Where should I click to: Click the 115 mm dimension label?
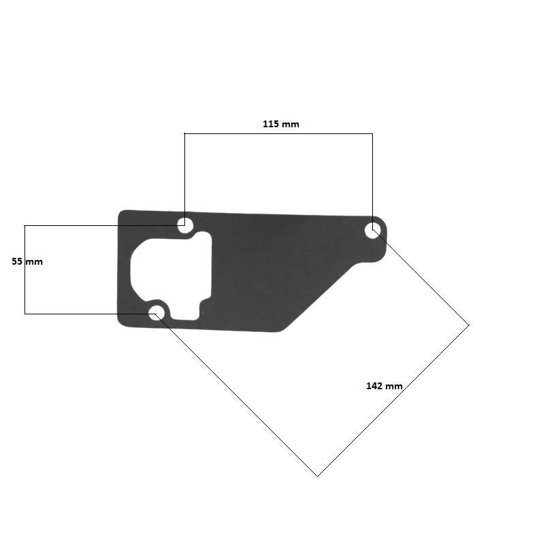tap(281, 124)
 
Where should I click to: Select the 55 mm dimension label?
tap(27, 261)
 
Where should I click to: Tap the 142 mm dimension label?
tap(384, 386)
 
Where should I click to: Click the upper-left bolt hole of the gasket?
tap(184, 225)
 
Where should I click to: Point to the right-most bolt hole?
tap(373, 230)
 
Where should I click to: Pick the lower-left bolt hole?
tap(156, 313)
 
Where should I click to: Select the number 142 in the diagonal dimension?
tap(374, 386)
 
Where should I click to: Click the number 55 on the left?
tap(17, 261)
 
